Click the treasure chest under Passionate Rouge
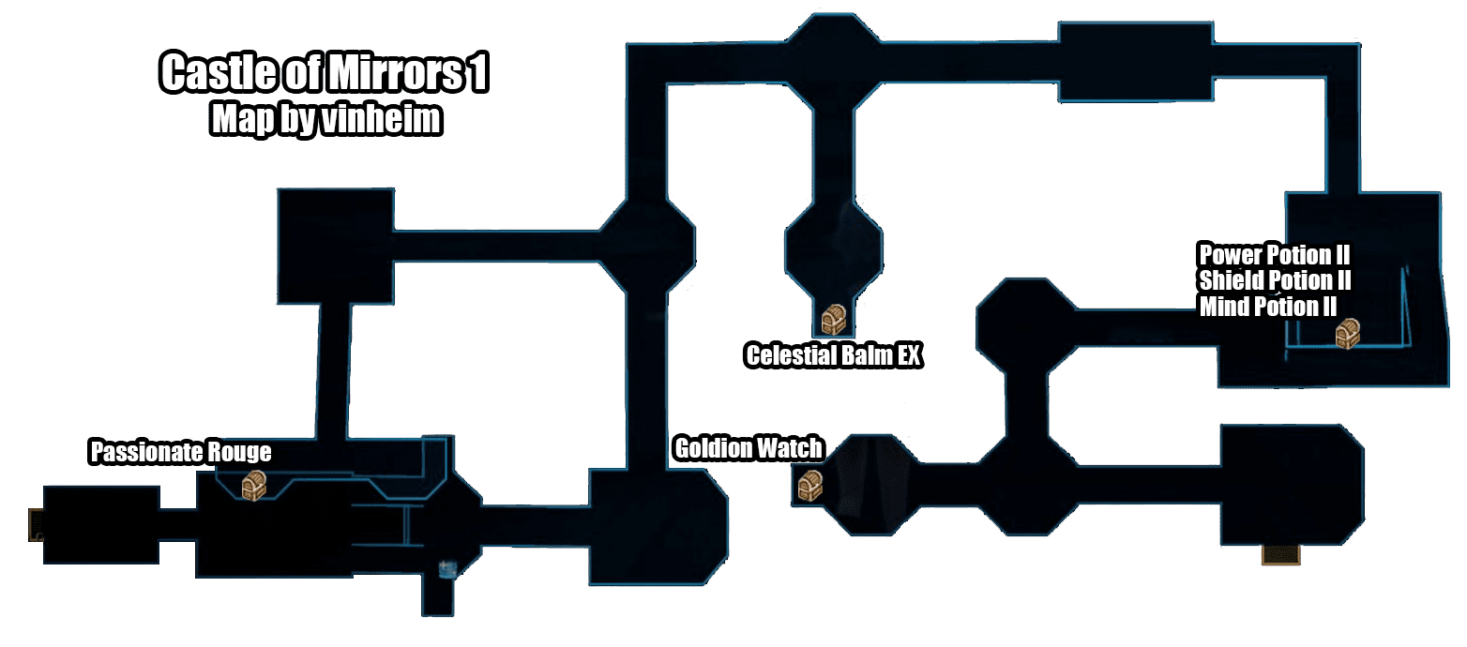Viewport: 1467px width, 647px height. pos(254,486)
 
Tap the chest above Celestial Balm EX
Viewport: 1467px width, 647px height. pos(834,321)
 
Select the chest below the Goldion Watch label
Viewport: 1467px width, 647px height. pos(809,485)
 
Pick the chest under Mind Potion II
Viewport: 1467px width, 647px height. pos(1348,334)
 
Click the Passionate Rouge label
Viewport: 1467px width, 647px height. pos(180,453)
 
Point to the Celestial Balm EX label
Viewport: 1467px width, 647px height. pos(833,356)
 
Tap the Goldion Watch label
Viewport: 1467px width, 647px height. pos(748,448)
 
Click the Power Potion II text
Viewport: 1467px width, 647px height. pos(1273,254)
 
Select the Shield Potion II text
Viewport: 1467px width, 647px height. pos(1275,280)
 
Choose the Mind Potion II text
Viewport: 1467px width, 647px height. pos(1267,306)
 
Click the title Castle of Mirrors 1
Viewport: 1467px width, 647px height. pos(325,74)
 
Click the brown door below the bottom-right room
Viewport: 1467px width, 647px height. pos(1280,555)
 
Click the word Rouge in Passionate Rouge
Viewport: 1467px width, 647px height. pos(238,453)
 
